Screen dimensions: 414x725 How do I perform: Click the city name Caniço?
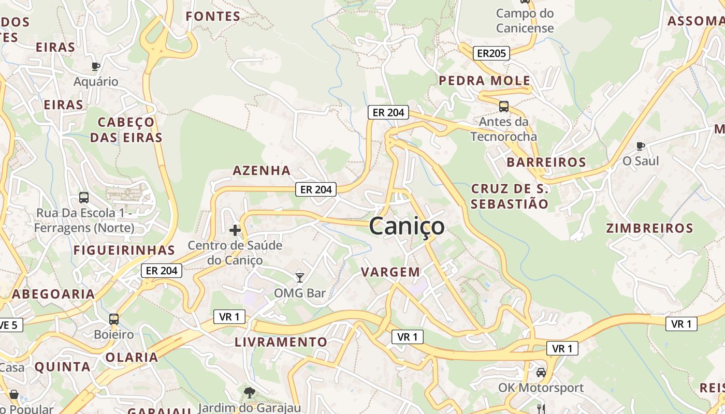coord(407,227)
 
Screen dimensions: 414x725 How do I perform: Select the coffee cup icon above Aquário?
coord(95,66)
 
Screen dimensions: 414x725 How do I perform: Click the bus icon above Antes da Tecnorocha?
coord(503,107)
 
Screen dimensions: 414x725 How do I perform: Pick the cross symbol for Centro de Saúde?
coord(235,230)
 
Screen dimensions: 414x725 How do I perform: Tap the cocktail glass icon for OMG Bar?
coord(299,277)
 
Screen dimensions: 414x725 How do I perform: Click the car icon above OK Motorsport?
coord(541,372)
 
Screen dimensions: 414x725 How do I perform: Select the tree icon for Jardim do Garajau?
coord(250,393)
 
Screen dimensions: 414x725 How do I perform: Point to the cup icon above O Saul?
coord(641,146)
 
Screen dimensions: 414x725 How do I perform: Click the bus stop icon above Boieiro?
coord(114,319)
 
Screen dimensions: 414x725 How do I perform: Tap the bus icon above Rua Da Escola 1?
coord(84,198)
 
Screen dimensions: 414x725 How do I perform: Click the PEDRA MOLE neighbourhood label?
coord(485,81)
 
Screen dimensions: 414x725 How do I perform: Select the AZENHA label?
coord(262,170)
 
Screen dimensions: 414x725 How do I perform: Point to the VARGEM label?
coord(390,272)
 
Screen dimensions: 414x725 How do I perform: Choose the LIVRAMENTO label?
coord(281,342)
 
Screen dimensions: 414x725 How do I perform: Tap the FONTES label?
coord(213,17)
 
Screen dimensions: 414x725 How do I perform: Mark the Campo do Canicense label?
coord(525,21)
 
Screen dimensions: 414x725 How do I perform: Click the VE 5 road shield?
coord(9,325)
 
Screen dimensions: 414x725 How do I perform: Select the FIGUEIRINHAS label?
coord(124,250)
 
